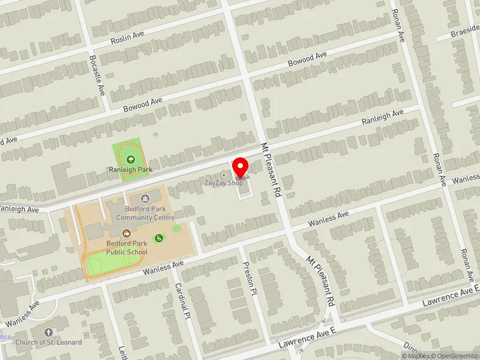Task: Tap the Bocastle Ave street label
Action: [97, 75]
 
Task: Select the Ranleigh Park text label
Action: [130, 170]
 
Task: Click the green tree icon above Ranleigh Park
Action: [131, 160]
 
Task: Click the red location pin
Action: [241, 166]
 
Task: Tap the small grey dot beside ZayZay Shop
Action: [224, 175]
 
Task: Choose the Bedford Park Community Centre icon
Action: [145, 199]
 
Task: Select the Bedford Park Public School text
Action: [127, 248]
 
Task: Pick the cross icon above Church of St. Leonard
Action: [49, 332]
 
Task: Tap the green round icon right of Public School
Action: [159, 238]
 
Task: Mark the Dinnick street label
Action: [413, 350]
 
